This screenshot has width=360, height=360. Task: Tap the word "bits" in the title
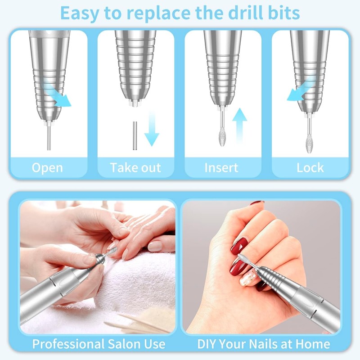pyautogui.click(x=282, y=13)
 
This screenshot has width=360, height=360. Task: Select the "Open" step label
pyautogui.click(x=47, y=168)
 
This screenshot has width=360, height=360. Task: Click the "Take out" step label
pyautogui.click(x=135, y=168)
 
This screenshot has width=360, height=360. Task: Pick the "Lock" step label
pyautogui.click(x=310, y=168)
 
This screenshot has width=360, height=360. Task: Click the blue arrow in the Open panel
pyautogui.click(x=57, y=92)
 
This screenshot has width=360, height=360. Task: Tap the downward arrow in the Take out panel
pyautogui.click(x=152, y=128)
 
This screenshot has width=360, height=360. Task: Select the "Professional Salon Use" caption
pyautogui.click(x=99, y=344)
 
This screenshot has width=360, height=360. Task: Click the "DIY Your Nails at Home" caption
pyautogui.click(x=264, y=344)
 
